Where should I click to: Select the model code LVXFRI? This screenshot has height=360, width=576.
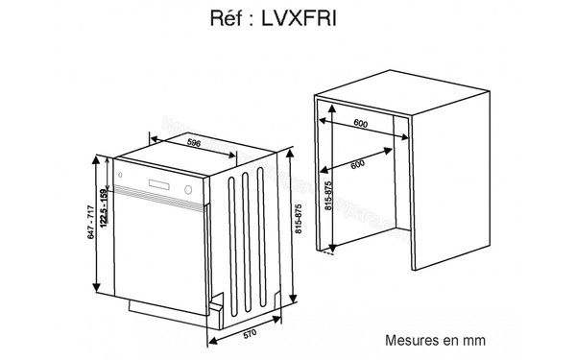[306, 18]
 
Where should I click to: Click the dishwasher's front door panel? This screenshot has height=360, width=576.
[158, 250]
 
